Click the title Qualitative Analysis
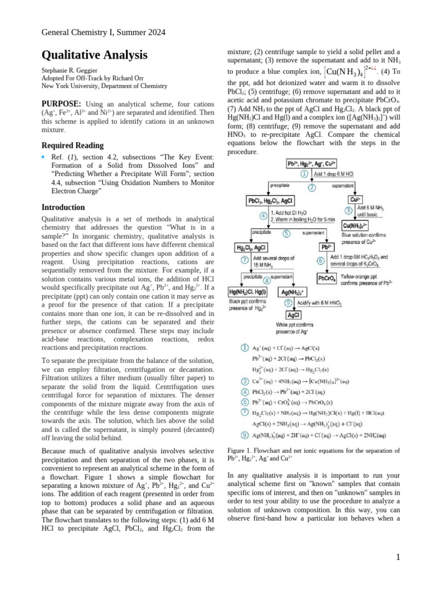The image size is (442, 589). click(x=94, y=55)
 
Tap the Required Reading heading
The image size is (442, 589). click(x=73, y=146)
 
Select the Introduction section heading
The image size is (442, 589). click(x=63, y=207)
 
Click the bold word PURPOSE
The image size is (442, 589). click(x=60, y=104)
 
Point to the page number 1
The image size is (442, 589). click(x=398, y=557)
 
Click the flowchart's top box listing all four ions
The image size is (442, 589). click(x=311, y=164)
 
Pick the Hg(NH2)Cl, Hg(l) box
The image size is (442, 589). click(x=248, y=292)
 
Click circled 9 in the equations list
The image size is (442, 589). click(x=244, y=435)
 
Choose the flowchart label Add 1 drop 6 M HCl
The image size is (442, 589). click(x=337, y=173)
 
